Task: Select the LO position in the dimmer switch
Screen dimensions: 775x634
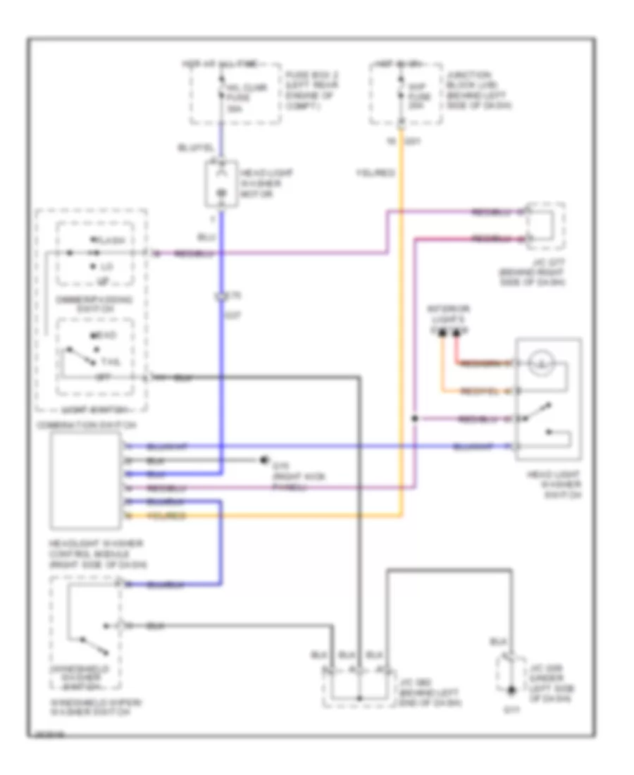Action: point(105,267)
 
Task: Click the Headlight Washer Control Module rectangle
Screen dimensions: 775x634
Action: point(85,482)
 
